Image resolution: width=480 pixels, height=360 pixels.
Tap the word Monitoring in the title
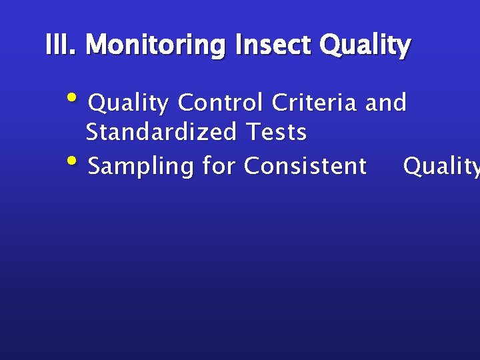(157, 46)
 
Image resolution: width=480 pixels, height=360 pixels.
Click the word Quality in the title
(365, 46)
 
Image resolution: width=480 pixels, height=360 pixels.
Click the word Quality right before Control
(129, 103)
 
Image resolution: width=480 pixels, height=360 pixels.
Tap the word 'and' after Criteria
(386, 103)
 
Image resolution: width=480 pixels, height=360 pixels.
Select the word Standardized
(161, 132)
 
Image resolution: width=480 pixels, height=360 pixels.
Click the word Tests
(277, 132)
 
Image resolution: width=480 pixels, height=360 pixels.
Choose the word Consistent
(305, 165)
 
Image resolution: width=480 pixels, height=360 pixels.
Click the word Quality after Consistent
(441, 166)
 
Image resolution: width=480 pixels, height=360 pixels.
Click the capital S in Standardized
(93, 132)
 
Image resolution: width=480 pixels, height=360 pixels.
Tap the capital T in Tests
(253, 132)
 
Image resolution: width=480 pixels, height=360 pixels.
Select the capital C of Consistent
(252, 165)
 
